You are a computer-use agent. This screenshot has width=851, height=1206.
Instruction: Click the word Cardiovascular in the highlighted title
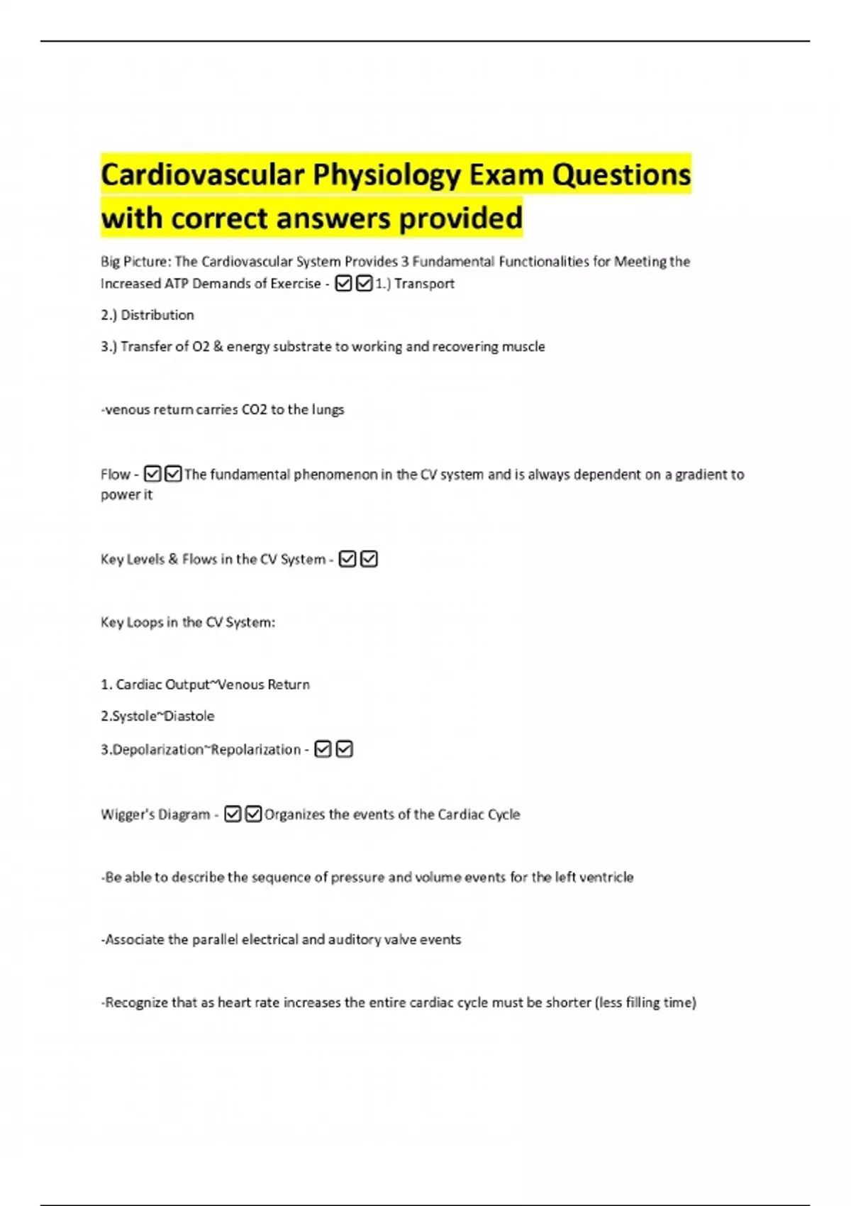click(202, 175)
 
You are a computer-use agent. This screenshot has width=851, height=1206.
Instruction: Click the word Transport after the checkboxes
click(424, 284)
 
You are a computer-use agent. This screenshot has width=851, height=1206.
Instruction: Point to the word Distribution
click(157, 315)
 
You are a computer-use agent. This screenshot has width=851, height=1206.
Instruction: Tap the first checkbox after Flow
click(152, 474)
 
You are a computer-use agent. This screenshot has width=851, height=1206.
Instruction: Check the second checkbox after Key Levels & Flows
click(369, 559)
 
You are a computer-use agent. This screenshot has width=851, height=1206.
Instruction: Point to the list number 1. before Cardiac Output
click(106, 685)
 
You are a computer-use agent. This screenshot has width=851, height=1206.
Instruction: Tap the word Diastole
click(189, 716)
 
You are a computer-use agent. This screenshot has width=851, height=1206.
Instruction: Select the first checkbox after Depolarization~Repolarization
click(323, 749)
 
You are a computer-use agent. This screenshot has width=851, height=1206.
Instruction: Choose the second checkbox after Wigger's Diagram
click(253, 814)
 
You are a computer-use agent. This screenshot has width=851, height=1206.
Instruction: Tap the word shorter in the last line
click(568, 1002)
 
